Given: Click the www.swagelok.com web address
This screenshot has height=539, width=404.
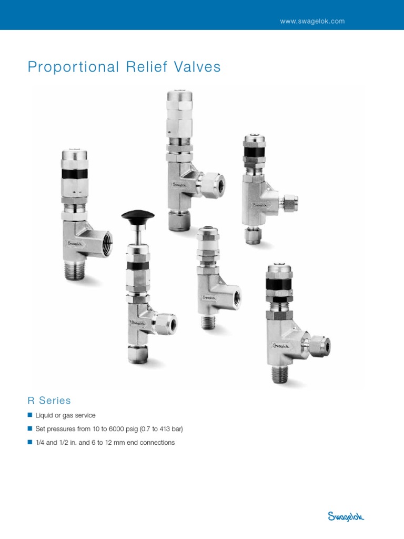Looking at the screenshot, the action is (312, 21).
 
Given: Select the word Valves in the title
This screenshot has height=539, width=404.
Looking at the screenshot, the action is (197, 67).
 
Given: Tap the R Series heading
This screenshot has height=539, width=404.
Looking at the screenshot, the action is (49, 401).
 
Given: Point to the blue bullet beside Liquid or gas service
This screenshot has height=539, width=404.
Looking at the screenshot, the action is (30, 415).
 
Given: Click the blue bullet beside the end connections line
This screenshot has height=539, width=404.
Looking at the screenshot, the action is (30, 442).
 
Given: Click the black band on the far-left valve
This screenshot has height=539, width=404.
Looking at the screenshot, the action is (74, 173).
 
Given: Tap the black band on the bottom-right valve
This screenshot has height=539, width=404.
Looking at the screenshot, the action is (279, 284).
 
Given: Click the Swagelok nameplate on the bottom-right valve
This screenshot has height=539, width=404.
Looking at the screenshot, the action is (281, 345).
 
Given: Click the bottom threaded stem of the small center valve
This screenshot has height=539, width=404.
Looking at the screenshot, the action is (208, 322).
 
